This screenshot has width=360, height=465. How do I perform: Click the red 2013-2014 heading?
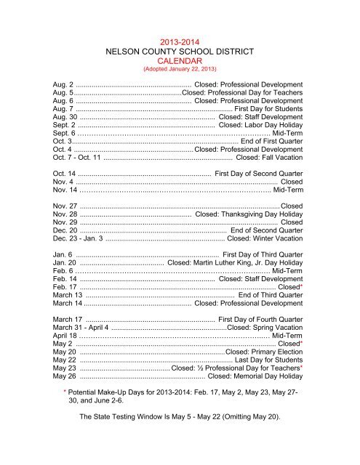179,42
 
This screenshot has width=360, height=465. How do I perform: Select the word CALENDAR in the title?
179,62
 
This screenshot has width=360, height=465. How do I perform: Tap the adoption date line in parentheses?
179,71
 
